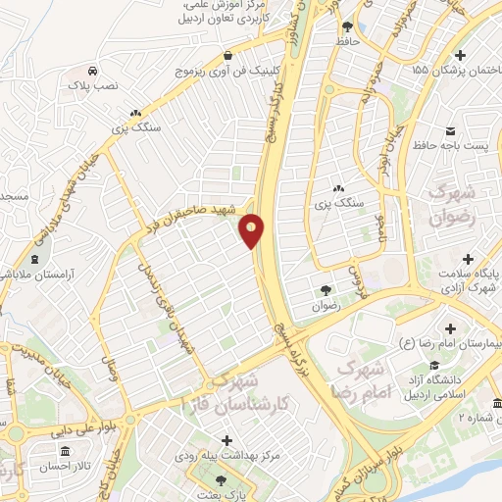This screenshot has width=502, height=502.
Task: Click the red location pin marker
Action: (x=253, y=230)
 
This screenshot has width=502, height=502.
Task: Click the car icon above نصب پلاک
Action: (x=90, y=72)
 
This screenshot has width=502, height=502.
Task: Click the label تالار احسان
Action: (x=65, y=467)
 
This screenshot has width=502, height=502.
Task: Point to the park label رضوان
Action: (x=325, y=306)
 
